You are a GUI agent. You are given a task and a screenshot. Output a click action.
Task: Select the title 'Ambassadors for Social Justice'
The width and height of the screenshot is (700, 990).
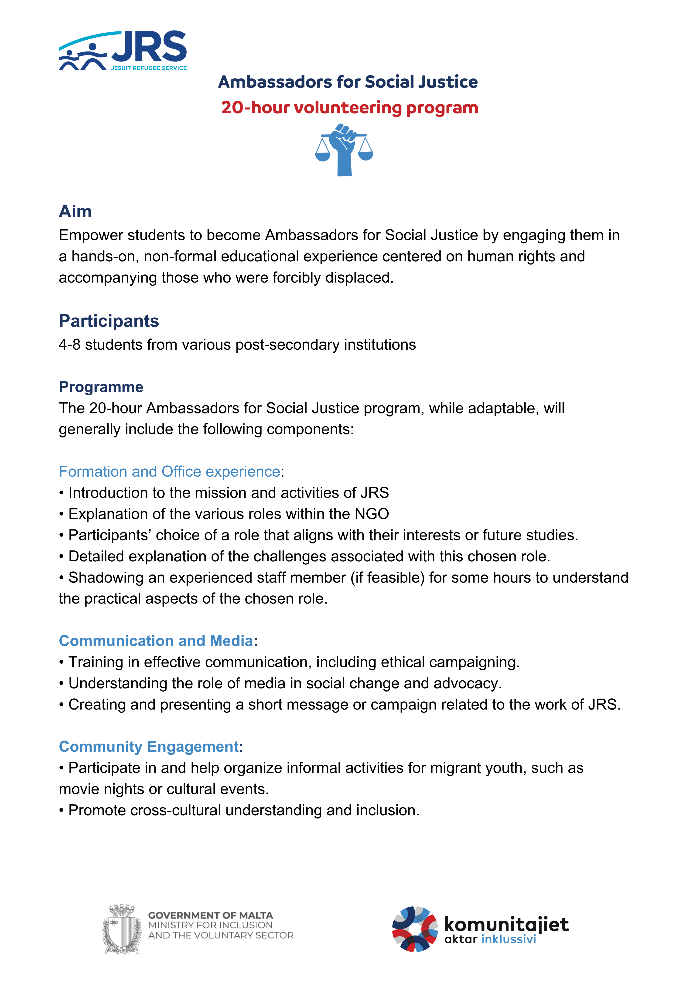coord(348,82)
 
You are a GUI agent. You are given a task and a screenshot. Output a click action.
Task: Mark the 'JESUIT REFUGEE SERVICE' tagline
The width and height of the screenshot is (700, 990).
coord(149,68)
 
